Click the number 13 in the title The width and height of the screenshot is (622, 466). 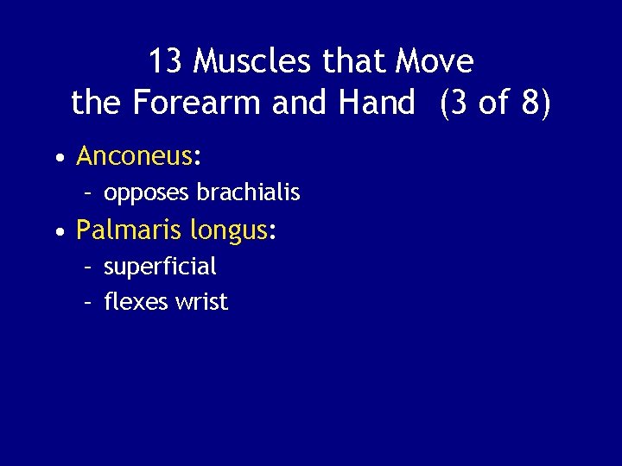pos(166,62)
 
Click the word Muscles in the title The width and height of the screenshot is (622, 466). pos(254,62)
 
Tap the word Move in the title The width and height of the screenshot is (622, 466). pos(434,62)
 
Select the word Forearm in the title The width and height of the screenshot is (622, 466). pos(197,104)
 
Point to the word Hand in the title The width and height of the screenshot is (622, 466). pos(378,104)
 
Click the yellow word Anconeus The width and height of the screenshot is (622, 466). pos(134,156)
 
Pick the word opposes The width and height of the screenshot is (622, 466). pos(147,193)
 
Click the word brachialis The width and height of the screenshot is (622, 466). pos(250,192)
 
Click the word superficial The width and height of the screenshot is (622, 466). pos(160,267)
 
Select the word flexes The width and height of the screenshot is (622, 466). pos(132,302)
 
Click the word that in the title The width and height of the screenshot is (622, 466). pos(355,62)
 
